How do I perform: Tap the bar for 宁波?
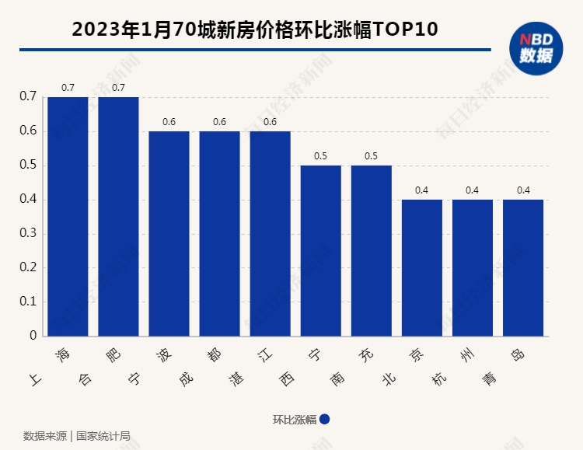(169, 233)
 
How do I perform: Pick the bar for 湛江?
(270, 233)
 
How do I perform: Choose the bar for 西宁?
(320, 250)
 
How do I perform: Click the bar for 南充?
(371, 250)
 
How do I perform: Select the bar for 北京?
(421, 267)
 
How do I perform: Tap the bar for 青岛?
(522, 267)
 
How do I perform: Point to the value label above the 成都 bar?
(219, 122)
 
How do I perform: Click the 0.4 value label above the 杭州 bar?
(472, 190)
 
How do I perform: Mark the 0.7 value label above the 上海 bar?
(68, 88)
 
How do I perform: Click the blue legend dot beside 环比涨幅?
(325, 419)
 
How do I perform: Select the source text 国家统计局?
(103, 435)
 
